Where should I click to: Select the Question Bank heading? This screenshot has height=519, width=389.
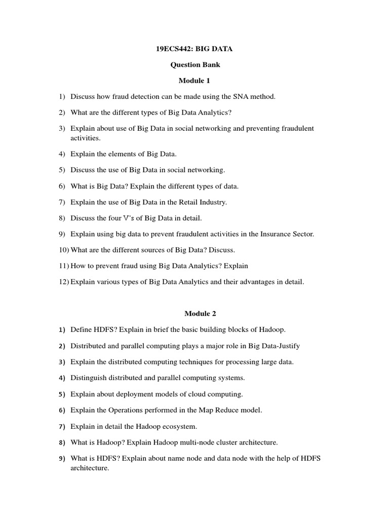[x=194, y=65]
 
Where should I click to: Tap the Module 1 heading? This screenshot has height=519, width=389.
[x=194, y=81]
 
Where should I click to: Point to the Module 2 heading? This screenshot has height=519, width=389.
[x=194, y=314]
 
